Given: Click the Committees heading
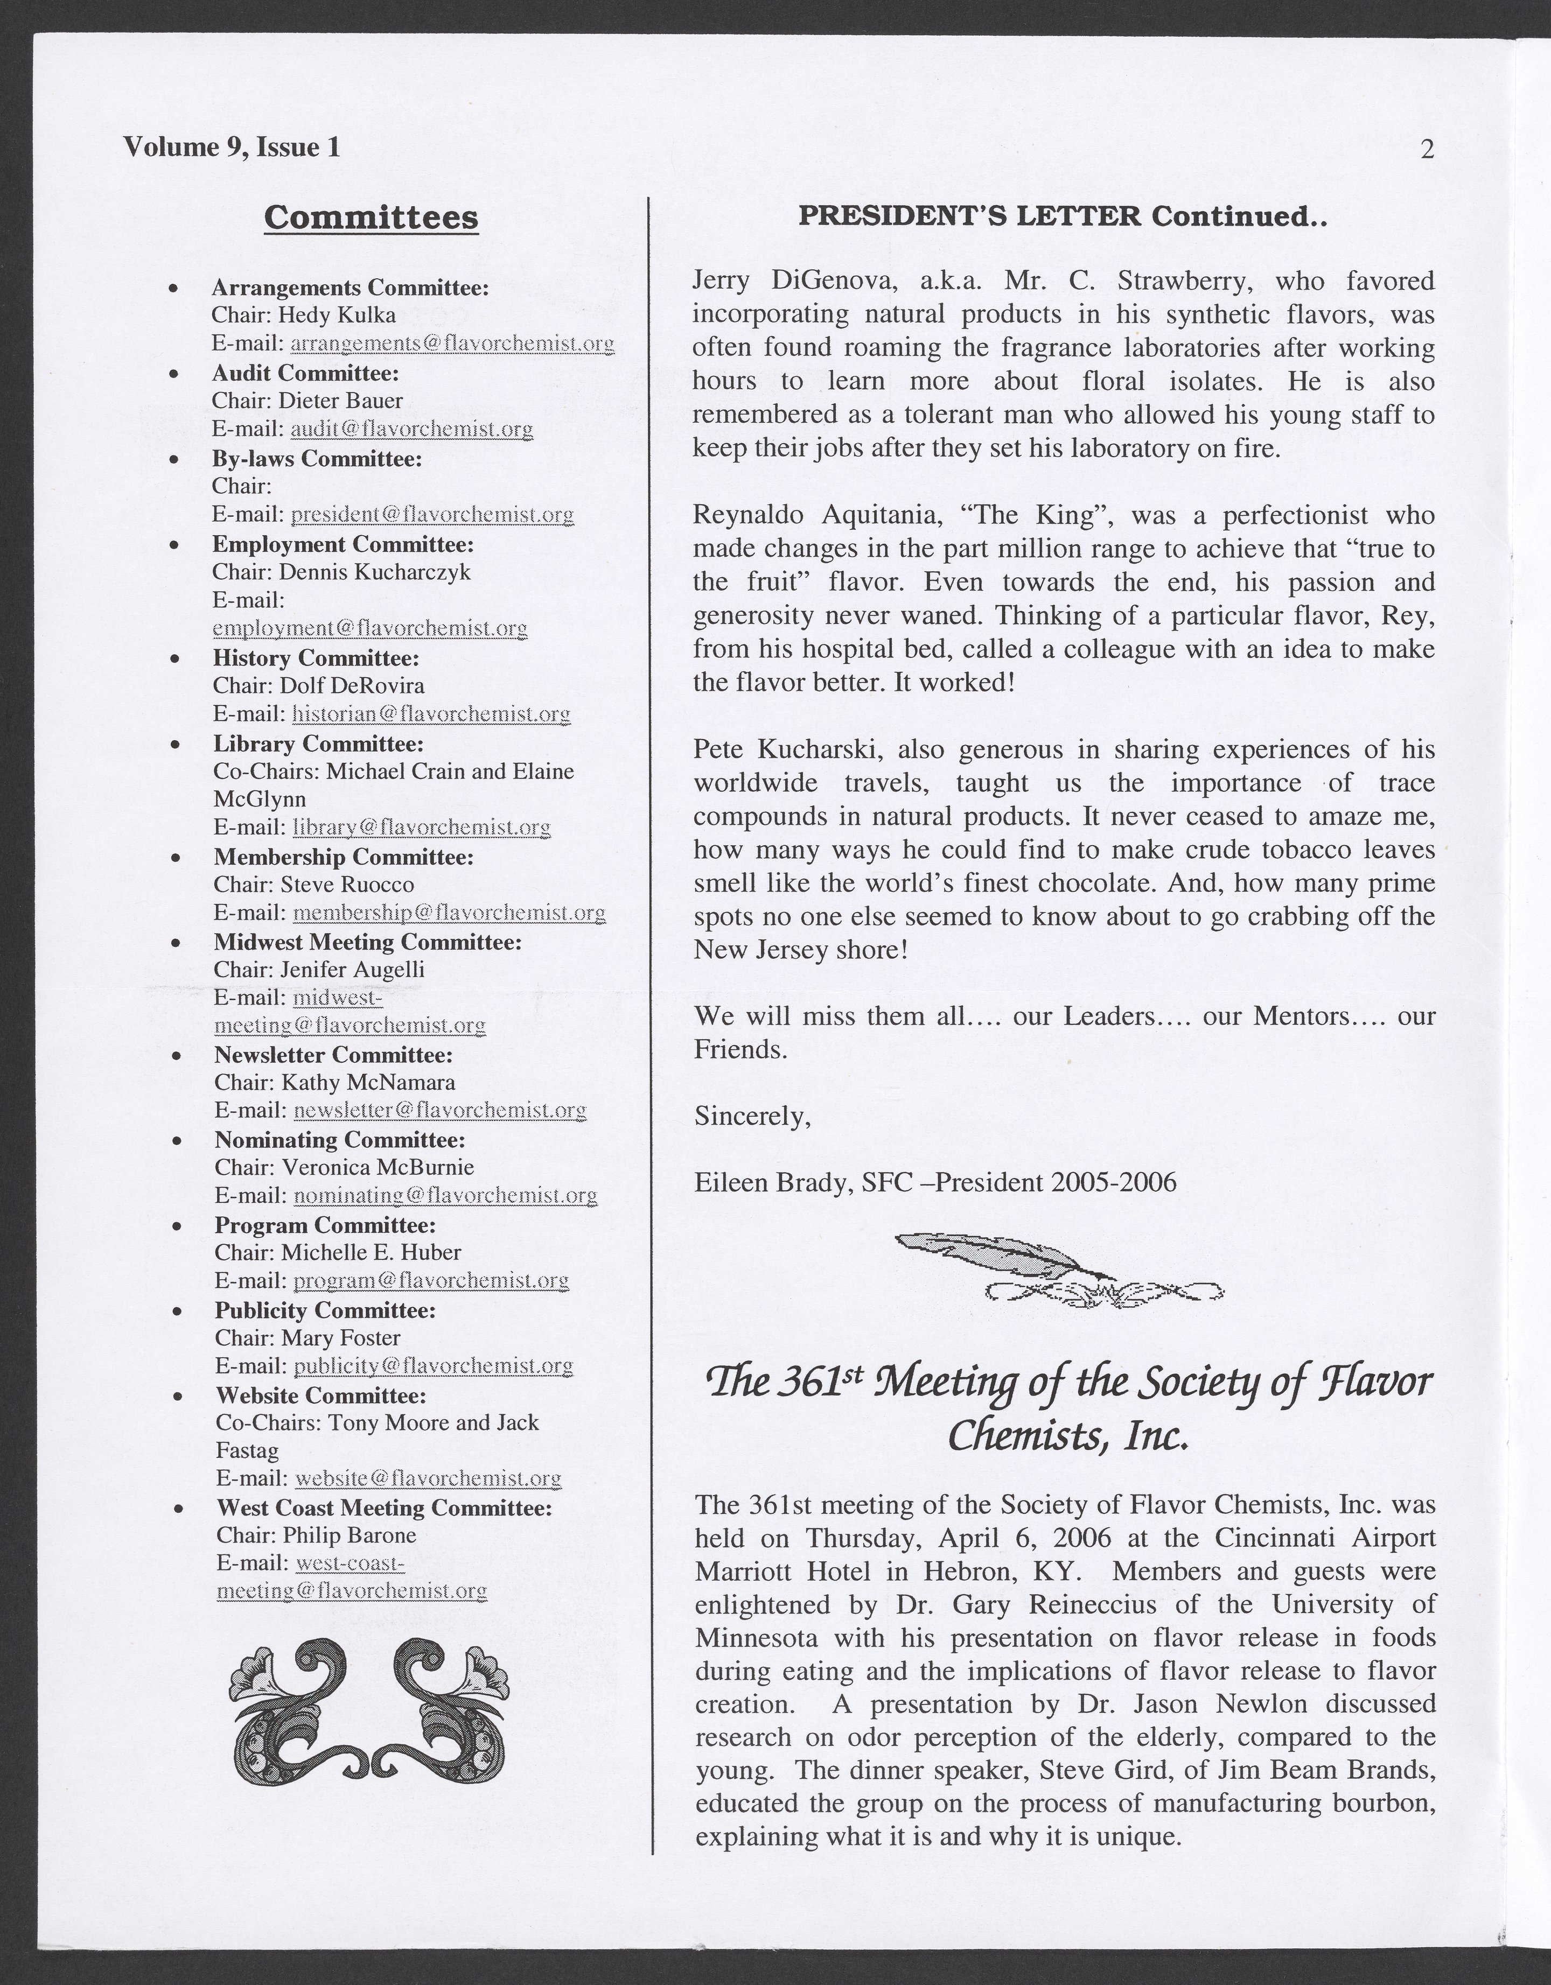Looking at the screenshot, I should (x=371, y=218).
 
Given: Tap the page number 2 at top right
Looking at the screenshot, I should (x=1427, y=149).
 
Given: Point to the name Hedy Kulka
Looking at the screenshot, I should (x=337, y=315).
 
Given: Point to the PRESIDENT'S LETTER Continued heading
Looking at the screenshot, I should (x=1063, y=216).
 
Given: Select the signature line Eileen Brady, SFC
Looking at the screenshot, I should (x=934, y=1182).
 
